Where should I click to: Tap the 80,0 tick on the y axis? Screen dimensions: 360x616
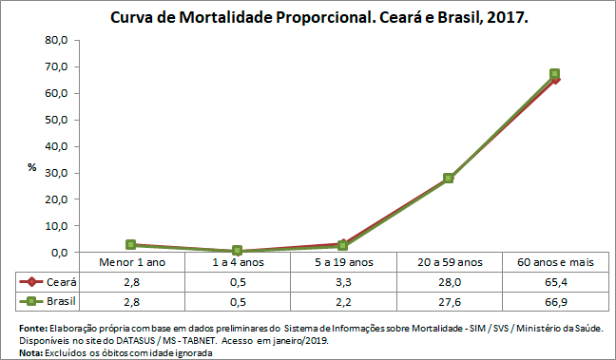coord(56,40)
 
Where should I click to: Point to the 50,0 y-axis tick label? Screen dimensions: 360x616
coord(56,120)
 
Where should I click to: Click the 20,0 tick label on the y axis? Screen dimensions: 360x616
coord(56,199)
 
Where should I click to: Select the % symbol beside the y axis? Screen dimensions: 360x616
coord(31,167)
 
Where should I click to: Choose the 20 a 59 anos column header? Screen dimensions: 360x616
coord(449,262)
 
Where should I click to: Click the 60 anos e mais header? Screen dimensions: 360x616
coord(554,262)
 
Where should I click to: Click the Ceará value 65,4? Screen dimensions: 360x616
coord(554,282)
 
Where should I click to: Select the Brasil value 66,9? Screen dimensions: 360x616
coord(554,302)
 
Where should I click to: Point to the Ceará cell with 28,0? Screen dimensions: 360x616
coord(449,282)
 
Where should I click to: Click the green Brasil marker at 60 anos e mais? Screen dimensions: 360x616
coord(554,74)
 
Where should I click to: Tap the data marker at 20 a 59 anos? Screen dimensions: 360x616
coord(449,179)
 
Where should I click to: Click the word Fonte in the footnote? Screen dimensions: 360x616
coord(32,327)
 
